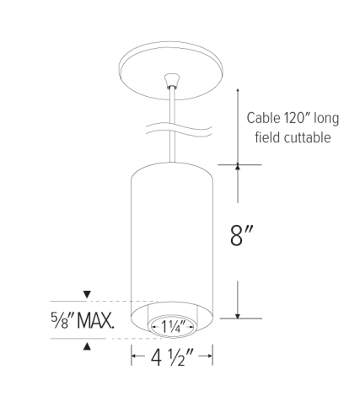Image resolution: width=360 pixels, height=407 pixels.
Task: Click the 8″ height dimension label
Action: tap(243, 235)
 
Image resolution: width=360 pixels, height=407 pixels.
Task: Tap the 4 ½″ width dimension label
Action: tap(171, 357)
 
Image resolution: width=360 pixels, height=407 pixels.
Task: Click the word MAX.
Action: tap(96, 320)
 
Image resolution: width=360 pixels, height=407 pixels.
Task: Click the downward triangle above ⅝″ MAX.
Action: tap(86, 294)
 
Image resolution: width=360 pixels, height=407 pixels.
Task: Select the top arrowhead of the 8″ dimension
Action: tap(238, 166)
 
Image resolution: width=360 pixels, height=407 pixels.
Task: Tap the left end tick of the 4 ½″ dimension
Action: tap(132, 357)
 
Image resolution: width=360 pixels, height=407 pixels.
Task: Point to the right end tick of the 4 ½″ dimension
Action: tap(212, 357)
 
